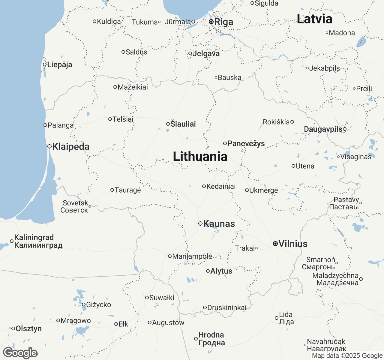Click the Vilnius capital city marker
coord(275,244)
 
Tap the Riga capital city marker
coord(211,22)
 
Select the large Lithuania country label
coord(200,157)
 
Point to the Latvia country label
coord(314,19)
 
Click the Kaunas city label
coord(219,224)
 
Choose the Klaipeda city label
coord(71,147)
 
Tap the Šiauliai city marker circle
coord(168,124)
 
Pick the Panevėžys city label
coord(246,143)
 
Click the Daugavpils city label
coord(323,129)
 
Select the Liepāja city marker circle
coord(45,64)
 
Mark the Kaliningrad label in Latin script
coord(34,237)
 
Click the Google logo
coord(20,353)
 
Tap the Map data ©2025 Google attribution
coord(347,356)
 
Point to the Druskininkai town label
coord(227,307)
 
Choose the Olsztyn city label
coord(28,329)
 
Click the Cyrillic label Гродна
coord(211,343)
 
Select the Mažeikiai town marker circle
coord(115,87)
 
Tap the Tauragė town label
coord(128,190)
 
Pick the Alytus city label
coord(221,271)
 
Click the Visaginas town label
coord(355,157)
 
